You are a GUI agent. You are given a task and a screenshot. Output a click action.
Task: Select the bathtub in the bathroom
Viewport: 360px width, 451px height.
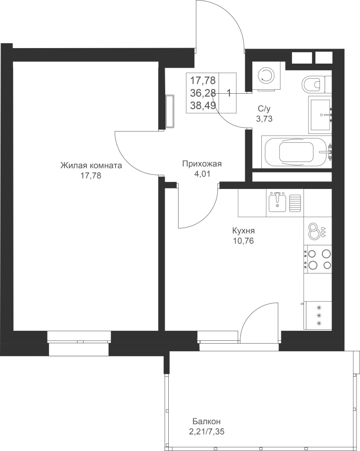point(296,152)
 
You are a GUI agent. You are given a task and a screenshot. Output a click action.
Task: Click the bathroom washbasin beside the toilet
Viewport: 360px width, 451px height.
point(320,114)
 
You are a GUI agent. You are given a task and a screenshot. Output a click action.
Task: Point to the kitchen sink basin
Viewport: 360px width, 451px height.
point(277,203)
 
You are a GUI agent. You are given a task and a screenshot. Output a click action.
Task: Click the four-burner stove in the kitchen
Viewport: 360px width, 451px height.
point(318,259)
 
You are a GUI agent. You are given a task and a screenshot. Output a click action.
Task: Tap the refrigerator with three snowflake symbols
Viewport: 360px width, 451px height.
point(318,315)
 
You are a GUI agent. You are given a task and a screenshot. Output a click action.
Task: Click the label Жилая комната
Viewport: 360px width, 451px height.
point(91,166)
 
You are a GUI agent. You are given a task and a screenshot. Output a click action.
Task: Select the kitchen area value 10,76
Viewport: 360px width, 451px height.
point(243,241)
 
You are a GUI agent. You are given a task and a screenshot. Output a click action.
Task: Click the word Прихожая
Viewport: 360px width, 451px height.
point(202,164)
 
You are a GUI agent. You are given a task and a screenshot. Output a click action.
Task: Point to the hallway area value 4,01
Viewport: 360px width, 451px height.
point(202,174)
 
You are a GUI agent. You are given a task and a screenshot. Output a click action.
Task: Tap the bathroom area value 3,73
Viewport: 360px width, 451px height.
point(264,118)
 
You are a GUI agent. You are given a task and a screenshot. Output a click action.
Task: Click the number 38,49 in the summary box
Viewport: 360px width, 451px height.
point(203,106)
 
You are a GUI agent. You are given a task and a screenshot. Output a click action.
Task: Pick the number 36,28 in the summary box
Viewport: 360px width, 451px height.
point(203,93)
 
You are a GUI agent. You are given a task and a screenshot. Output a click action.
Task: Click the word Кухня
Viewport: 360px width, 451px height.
point(243,231)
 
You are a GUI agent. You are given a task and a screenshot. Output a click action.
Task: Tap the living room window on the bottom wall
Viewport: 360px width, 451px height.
point(79,337)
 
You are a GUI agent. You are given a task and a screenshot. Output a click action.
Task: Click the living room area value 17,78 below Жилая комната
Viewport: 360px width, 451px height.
point(91,175)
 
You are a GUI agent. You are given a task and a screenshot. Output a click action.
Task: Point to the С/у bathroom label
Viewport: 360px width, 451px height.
point(264,109)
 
